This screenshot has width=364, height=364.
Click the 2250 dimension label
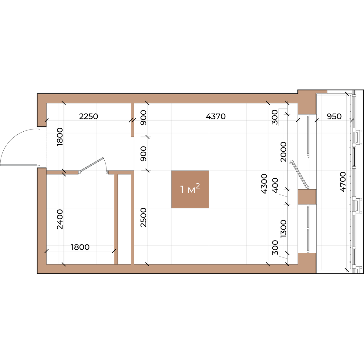(89, 116)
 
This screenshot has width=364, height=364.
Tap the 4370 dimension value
(216, 116)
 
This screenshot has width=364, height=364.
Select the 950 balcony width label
(334, 116)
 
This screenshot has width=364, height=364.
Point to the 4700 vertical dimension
(343, 182)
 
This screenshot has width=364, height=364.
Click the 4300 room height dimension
(264, 184)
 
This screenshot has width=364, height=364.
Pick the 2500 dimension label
(143, 217)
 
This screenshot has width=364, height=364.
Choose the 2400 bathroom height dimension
(60, 219)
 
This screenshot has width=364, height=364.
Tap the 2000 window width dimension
(284, 152)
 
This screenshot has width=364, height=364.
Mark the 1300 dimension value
(284, 229)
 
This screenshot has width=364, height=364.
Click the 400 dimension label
(276, 185)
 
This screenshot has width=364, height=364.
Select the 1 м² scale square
(190, 189)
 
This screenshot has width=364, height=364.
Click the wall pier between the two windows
(307, 197)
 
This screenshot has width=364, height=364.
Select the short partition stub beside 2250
(133, 120)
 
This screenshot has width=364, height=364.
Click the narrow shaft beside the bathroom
(124, 219)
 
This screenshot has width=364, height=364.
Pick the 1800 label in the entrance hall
(60, 136)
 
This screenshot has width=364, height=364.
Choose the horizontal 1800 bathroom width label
(80, 247)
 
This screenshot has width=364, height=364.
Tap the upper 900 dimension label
(143, 117)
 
